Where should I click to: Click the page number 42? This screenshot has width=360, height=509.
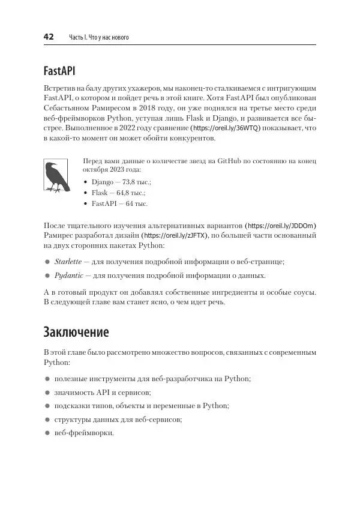pyautogui.click(x=49, y=37)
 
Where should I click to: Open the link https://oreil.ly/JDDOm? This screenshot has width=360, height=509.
pyautogui.click(x=281, y=225)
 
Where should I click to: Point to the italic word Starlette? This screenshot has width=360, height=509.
pyautogui.click(x=67, y=262)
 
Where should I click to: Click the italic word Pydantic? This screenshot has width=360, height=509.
pyautogui.click(x=67, y=276)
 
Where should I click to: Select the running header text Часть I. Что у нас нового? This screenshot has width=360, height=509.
pyautogui.click(x=99, y=38)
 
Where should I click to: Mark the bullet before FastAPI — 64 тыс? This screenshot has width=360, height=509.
pyautogui.click(x=86, y=204)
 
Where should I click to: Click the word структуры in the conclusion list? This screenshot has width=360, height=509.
pyautogui.click(x=71, y=420)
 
